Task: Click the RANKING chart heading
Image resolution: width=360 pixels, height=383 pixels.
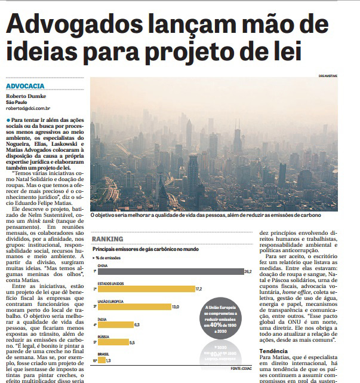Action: (x=108, y=240)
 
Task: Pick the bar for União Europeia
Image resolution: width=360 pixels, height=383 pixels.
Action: (x=130, y=307)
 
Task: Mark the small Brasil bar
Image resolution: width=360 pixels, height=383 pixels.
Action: (x=102, y=360)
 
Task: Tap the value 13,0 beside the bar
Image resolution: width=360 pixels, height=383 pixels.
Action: (x=176, y=307)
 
